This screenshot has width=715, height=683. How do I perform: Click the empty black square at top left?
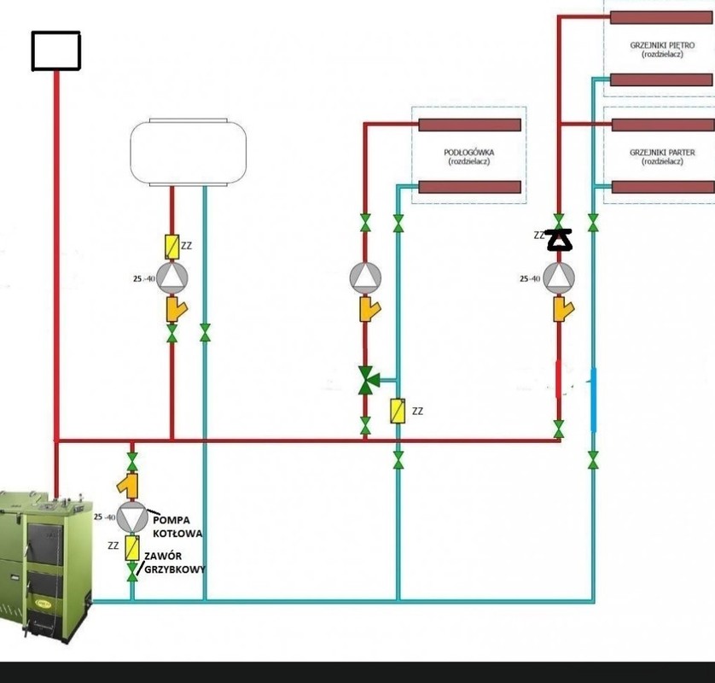click(x=55, y=51)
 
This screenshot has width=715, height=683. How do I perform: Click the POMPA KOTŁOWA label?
click(x=178, y=526)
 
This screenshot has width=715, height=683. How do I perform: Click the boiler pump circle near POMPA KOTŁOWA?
click(x=131, y=517)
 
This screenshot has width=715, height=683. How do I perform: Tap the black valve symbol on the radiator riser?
click(x=560, y=241)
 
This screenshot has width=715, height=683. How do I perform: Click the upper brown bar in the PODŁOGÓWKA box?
click(x=469, y=125)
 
